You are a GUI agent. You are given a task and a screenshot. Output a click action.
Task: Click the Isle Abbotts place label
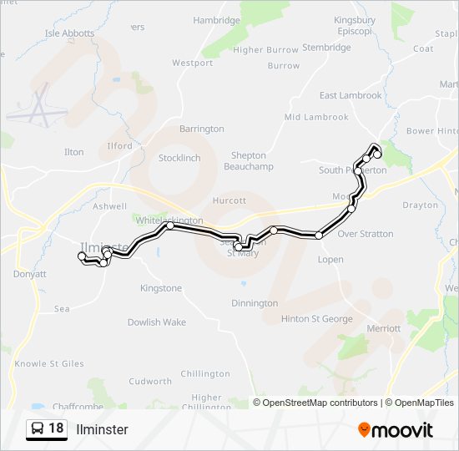[68, 34]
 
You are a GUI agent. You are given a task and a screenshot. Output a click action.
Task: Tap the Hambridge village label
[216, 20]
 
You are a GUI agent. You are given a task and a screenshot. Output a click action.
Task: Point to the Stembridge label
[326, 48]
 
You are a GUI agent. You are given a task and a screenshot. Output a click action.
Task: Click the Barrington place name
[201, 129]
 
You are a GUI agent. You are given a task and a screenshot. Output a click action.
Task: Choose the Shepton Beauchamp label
[249, 161]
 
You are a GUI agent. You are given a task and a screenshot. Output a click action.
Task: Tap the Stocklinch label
[179, 158]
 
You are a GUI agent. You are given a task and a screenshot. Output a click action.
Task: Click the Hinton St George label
[316, 318]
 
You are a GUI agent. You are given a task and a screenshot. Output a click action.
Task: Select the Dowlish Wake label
[157, 322]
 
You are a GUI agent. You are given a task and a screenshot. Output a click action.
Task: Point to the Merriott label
[384, 328]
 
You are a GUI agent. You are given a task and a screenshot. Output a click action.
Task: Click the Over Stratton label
[365, 234]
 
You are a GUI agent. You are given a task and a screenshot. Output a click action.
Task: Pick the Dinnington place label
[254, 303]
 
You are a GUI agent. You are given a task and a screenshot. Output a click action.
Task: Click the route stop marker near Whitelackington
[170, 225]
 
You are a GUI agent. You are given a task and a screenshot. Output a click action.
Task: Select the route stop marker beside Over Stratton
[319, 236]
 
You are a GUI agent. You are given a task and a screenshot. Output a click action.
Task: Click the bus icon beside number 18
[37, 428]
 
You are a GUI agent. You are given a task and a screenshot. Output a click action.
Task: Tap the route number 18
[56, 428]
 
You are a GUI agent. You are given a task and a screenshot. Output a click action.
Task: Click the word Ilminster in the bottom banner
[102, 429]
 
